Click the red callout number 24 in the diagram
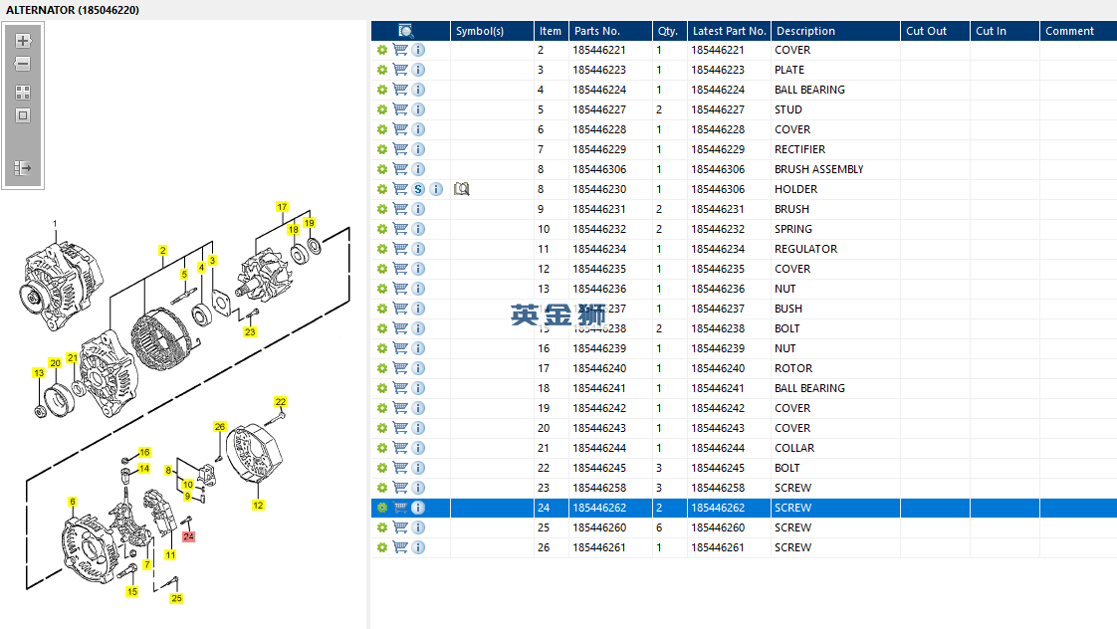click(x=189, y=536)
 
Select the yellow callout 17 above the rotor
click(x=282, y=207)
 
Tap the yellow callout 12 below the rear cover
click(x=258, y=506)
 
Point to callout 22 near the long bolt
click(x=281, y=402)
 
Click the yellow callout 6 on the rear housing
click(x=72, y=502)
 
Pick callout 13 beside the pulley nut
click(x=39, y=373)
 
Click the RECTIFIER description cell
click(x=799, y=149)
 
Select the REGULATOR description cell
click(x=805, y=249)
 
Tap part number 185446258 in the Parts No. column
click(x=599, y=488)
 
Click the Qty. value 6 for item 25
click(x=659, y=527)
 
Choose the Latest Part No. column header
click(x=729, y=31)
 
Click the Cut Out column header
click(x=926, y=31)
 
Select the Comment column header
click(x=1069, y=31)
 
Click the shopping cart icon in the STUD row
click(x=400, y=109)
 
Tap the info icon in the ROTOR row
click(x=418, y=368)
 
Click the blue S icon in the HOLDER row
click(x=418, y=189)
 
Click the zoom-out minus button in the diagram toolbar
click(x=23, y=65)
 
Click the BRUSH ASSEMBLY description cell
click(x=818, y=169)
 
